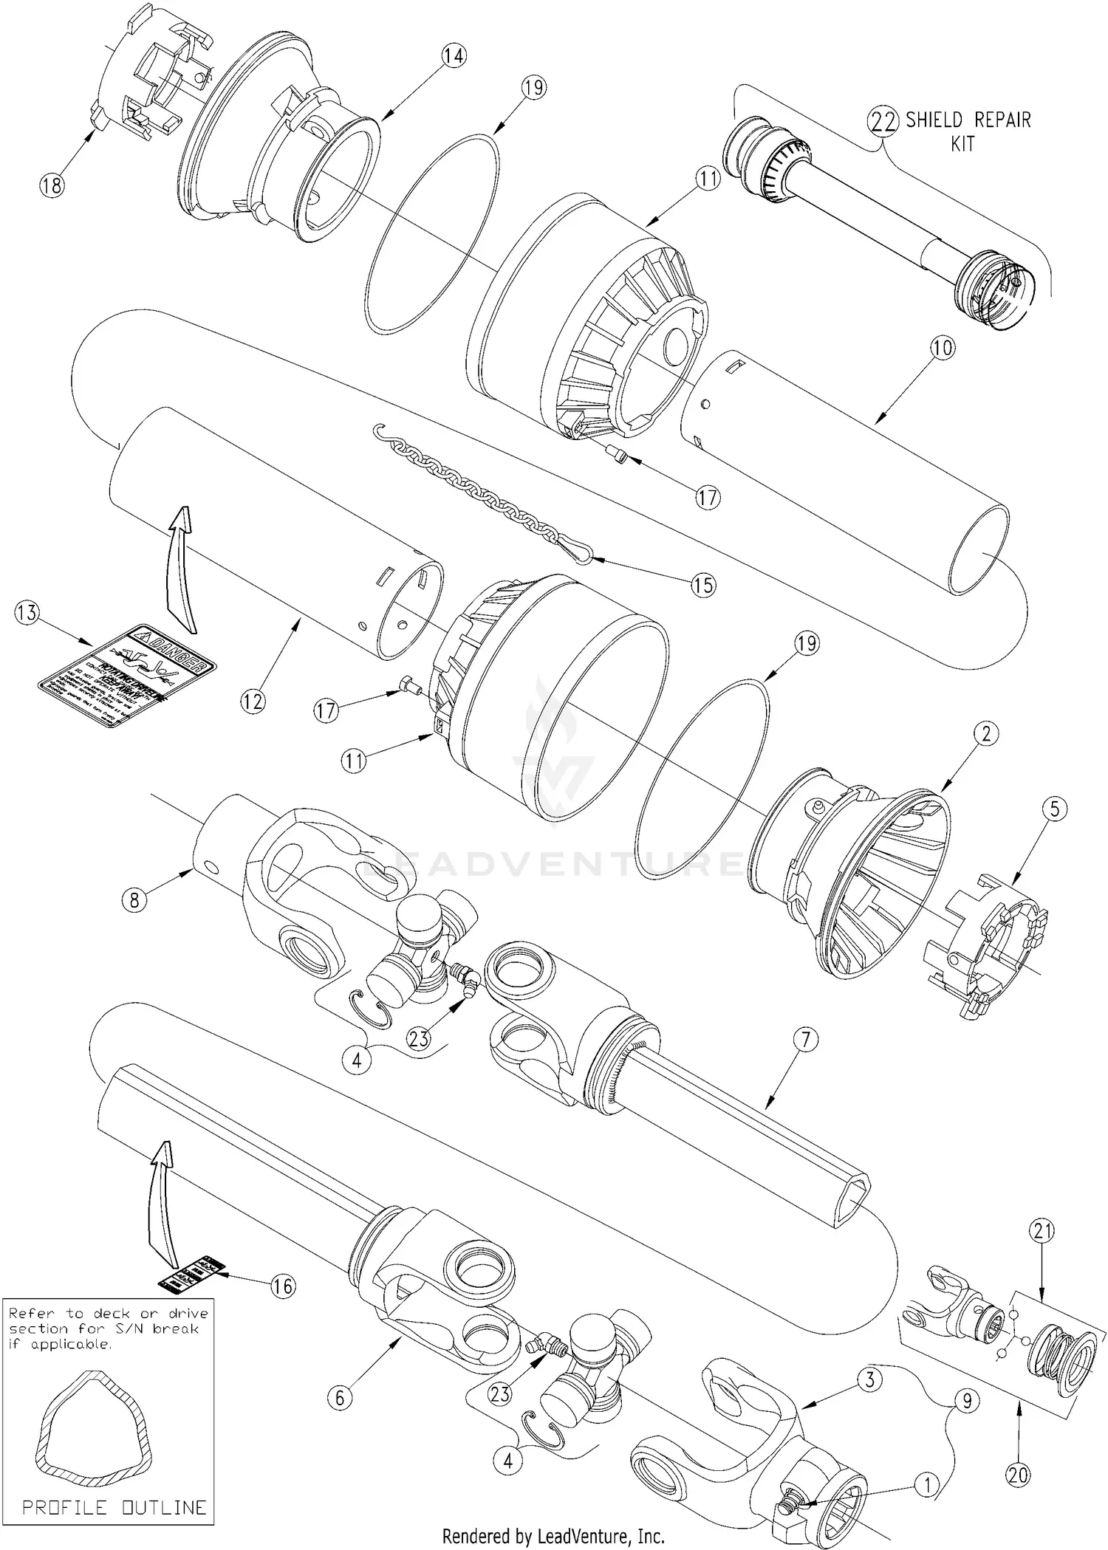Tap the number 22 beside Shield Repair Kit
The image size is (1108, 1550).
(x=883, y=120)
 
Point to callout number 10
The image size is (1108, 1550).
(x=943, y=349)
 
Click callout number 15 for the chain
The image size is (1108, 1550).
(x=703, y=585)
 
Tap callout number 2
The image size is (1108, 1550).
(x=985, y=733)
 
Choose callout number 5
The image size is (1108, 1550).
(x=1055, y=810)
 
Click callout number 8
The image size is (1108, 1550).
(x=134, y=899)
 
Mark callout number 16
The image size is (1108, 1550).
(x=282, y=1286)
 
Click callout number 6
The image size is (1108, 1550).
(x=340, y=1397)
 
